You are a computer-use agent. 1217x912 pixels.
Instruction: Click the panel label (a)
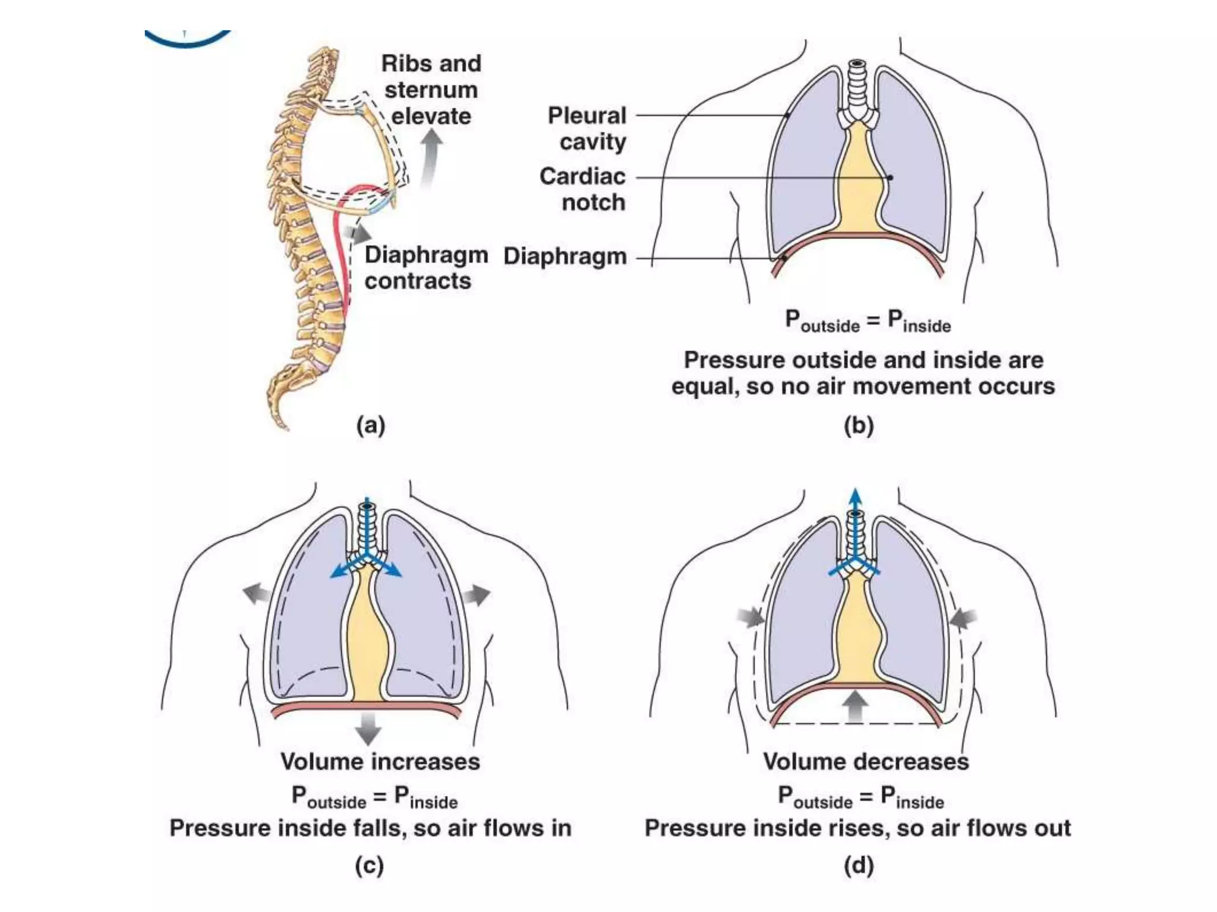(x=370, y=426)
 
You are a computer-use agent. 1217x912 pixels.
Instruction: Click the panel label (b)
(x=859, y=426)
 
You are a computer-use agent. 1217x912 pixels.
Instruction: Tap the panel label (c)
(x=369, y=866)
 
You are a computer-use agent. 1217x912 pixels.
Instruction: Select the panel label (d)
(x=859, y=866)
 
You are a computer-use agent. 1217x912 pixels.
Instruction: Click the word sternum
(x=431, y=90)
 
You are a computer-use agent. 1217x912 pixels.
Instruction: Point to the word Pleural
(x=587, y=115)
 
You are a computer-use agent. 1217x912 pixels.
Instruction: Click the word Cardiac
(x=582, y=176)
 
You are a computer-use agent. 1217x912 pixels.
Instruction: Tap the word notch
(x=593, y=202)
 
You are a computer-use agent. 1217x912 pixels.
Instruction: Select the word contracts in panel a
(x=418, y=281)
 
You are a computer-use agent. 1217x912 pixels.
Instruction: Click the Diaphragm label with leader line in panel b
(x=565, y=256)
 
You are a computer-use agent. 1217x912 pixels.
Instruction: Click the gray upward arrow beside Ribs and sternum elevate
(x=431, y=157)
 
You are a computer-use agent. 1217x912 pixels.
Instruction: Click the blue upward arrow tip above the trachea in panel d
(x=855, y=496)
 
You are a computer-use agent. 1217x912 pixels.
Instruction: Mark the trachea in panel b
(x=857, y=86)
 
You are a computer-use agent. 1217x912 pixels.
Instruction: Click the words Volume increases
(x=380, y=762)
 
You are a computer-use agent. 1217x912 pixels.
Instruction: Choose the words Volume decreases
(x=865, y=762)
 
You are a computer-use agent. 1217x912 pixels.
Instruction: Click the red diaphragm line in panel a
(x=339, y=249)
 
